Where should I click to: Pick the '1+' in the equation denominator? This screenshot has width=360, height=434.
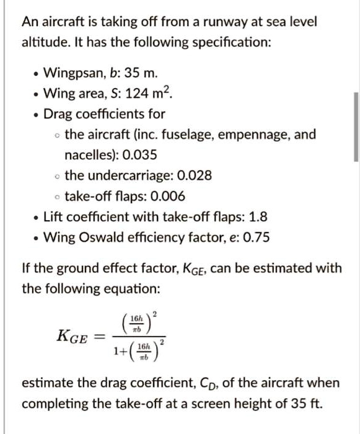(x=119, y=352)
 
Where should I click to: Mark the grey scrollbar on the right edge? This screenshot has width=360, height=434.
(x=356, y=127)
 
